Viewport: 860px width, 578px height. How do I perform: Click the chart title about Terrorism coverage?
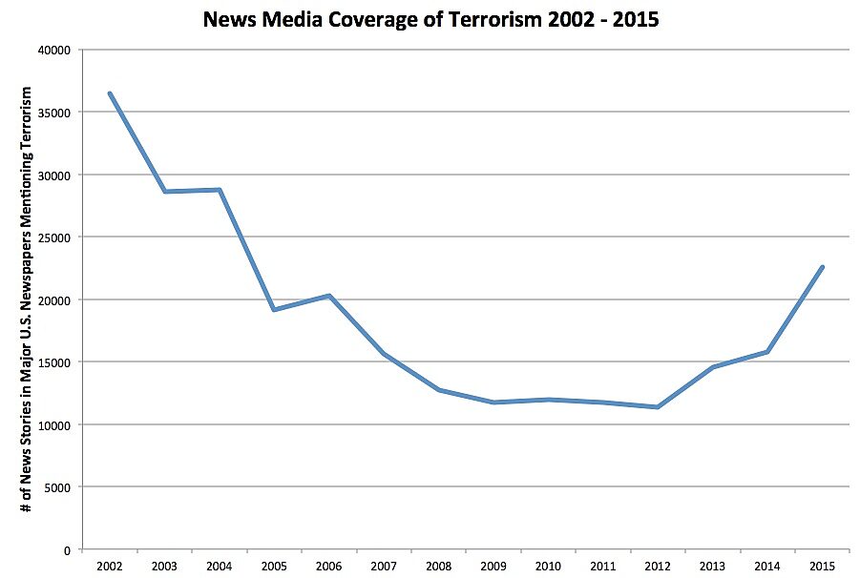[430, 19]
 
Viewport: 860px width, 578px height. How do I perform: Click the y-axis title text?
[28, 299]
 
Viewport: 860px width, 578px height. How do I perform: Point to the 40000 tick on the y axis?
[59, 50]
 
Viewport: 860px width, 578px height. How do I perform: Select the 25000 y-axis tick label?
[59, 237]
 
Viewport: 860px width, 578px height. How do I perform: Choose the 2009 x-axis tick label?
[493, 566]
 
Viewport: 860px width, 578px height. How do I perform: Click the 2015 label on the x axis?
[822, 566]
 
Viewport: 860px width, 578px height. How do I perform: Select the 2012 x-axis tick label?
[657, 566]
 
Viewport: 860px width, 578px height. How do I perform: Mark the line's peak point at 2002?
[110, 93]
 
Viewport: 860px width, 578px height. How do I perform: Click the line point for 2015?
[822, 267]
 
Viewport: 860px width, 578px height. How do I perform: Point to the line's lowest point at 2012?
[657, 407]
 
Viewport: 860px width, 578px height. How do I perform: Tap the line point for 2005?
[274, 310]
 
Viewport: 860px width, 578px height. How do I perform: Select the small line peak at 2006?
[329, 296]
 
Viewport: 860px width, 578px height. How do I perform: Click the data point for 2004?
[220, 190]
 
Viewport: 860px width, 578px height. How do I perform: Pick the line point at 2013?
[712, 367]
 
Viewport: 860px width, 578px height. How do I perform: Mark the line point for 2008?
[438, 390]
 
